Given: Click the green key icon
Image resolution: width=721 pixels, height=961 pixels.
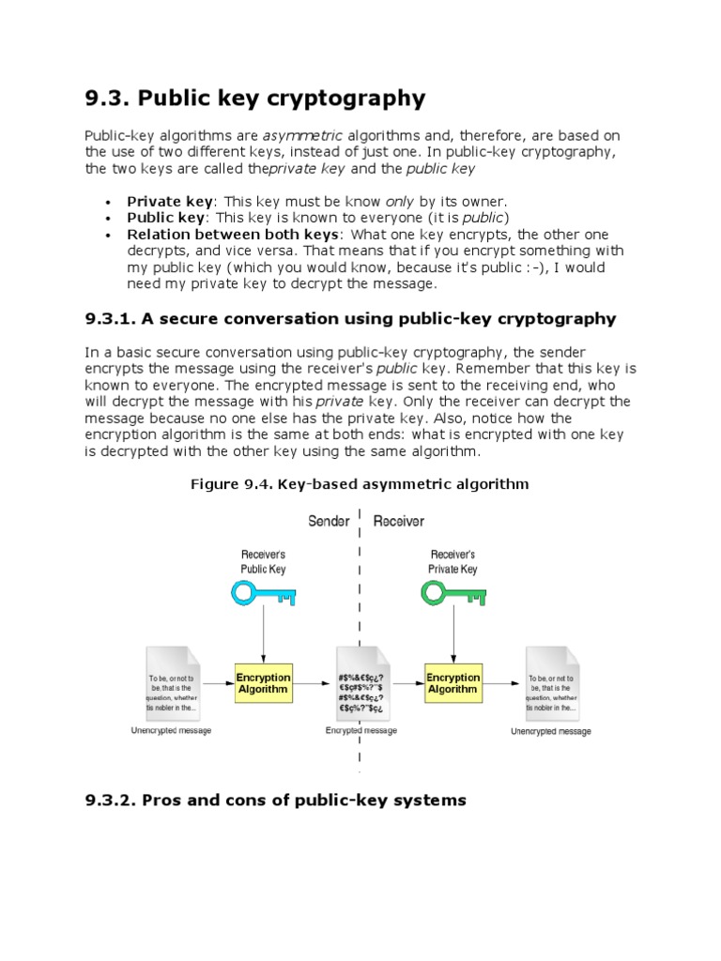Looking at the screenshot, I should click(453, 594).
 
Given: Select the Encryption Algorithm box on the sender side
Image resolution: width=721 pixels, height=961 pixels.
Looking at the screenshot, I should click(263, 683).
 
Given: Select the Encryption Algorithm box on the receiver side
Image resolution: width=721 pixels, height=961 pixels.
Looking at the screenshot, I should click(453, 683).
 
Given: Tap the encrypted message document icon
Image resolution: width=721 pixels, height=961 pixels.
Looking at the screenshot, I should click(360, 683).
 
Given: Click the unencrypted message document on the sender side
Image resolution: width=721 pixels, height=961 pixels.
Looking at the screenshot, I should click(171, 683).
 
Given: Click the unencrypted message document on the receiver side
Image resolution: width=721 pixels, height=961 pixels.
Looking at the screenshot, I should click(550, 683).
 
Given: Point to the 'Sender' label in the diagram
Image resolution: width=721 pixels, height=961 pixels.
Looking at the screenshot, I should click(329, 522).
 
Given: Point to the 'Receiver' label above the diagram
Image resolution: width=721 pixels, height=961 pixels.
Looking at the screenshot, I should click(399, 522).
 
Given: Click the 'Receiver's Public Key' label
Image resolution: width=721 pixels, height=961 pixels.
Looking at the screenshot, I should click(263, 561).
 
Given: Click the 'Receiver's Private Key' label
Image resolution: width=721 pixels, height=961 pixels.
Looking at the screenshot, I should click(453, 561).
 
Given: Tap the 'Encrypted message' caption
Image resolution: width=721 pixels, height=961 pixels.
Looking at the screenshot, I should click(360, 730).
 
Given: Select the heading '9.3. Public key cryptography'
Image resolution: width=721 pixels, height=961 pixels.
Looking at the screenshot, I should click(254, 99).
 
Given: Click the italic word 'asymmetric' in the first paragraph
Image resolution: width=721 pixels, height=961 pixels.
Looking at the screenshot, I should click(302, 137).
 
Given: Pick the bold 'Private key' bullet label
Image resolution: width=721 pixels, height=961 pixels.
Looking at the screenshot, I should click(170, 202).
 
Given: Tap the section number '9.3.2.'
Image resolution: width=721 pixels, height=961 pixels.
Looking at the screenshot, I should click(115, 801).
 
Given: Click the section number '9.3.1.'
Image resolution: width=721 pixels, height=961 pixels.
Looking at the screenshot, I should click(115, 319).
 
